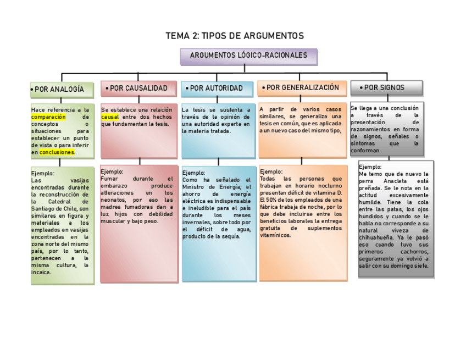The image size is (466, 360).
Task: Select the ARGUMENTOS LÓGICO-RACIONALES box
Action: [248, 56]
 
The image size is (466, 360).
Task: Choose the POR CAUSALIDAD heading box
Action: [140, 88]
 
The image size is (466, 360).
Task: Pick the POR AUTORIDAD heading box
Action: [217, 88]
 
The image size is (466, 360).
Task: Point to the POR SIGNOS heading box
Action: [386, 88]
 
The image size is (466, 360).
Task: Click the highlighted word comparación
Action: [48, 117]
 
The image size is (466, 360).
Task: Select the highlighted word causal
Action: [110, 117]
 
